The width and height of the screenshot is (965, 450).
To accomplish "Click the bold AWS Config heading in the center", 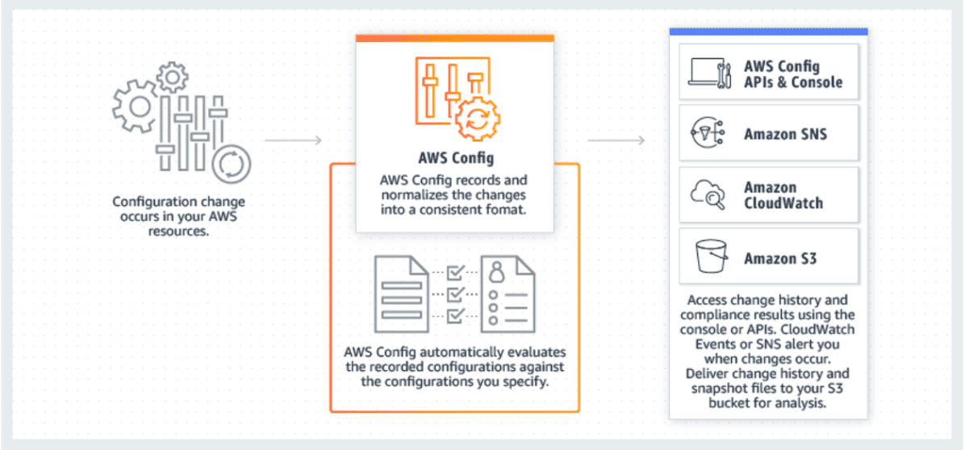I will pos(454,157).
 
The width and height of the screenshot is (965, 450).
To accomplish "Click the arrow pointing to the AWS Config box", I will pos(294,141).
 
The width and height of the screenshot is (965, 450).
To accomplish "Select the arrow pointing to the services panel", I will pos(616,141).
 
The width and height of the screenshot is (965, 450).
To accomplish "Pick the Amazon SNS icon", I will pos(709,134).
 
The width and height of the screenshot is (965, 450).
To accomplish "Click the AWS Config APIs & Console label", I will pos(792,74).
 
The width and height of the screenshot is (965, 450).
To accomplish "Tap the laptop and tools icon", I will pos(709,73).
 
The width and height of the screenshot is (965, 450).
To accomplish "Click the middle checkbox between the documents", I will pos(454,293).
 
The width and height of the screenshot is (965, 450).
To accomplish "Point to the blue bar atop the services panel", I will pos(768,31).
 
